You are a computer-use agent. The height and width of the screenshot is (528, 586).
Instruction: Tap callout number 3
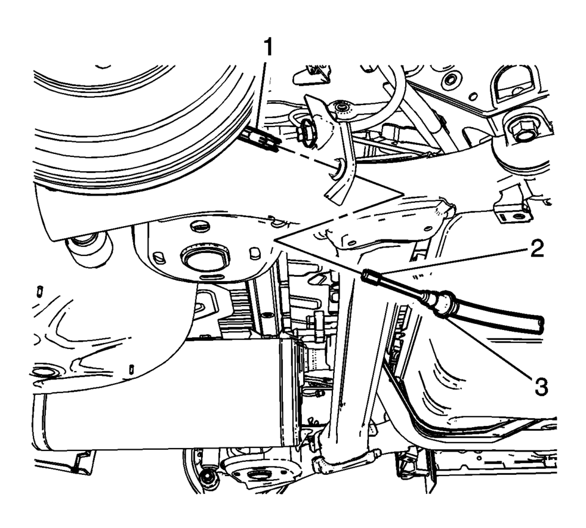[x=540, y=386]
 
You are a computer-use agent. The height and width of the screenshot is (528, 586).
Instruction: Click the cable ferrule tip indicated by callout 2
[x=368, y=276]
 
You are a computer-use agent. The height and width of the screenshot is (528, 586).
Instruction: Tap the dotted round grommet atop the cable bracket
[x=340, y=108]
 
